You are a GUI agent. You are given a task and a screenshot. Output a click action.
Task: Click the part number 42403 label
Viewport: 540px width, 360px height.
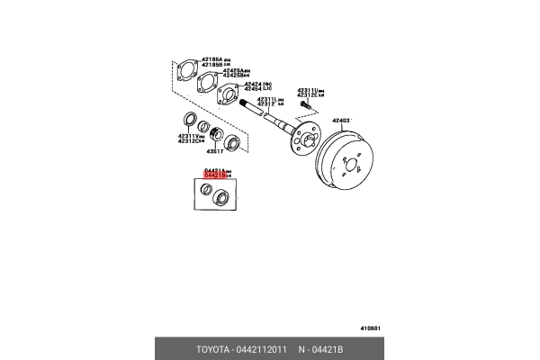(x=343, y=120)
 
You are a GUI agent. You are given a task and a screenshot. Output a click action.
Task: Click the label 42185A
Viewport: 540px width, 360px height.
(x=211, y=59)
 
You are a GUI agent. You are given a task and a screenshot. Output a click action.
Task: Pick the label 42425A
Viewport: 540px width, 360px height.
(x=236, y=69)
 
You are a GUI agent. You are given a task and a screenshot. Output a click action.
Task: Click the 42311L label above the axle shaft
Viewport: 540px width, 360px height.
(x=270, y=101)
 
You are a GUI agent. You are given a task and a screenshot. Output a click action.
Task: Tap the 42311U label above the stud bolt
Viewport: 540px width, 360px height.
(x=310, y=91)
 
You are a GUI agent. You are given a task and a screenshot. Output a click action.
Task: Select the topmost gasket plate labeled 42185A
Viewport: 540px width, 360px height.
(x=187, y=72)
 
